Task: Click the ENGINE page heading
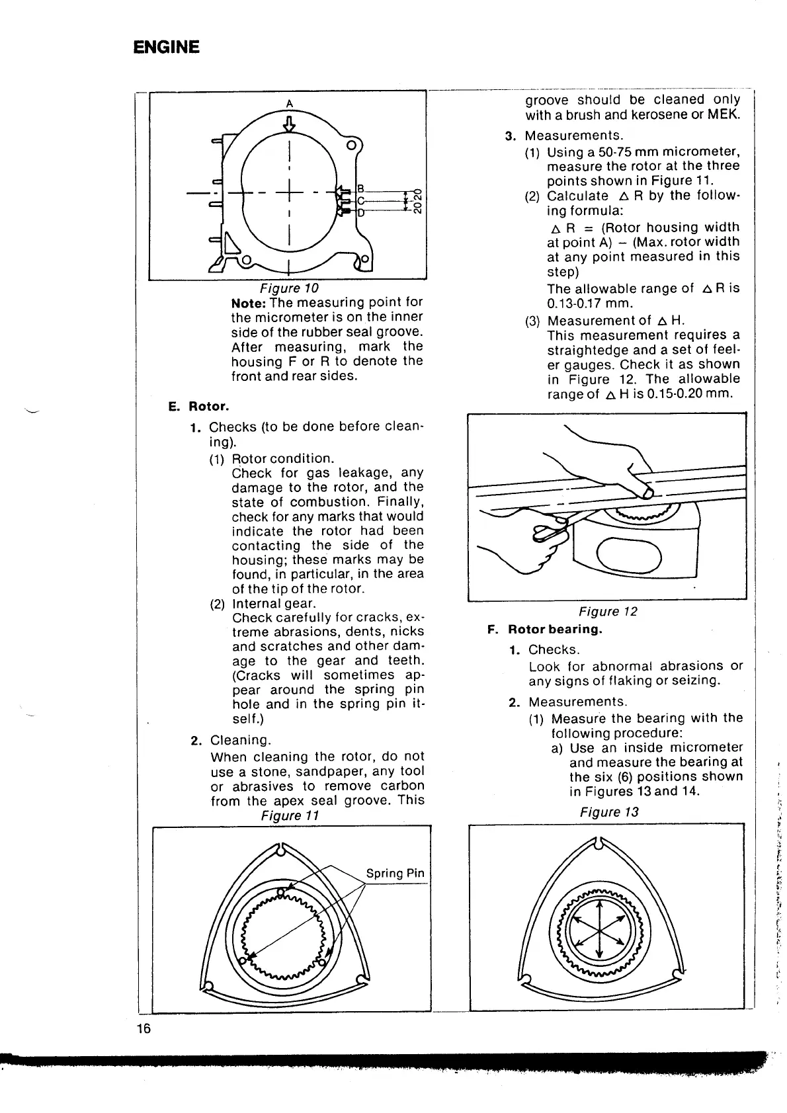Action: point(166,47)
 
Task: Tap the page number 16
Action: point(144,1029)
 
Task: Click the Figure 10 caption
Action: point(289,288)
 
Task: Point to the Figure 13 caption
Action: point(609,812)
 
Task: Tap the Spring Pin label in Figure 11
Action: point(395,873)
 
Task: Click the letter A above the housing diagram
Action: point(289,103)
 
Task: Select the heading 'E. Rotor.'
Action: point(198,406)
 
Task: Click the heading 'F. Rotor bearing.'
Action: point(545,629)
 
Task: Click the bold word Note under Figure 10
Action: point(249,303)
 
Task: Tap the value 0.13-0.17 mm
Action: point(590,304)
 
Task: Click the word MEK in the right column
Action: point(724,115)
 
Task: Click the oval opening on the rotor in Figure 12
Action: point(629,553)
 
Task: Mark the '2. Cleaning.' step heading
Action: point(231,740)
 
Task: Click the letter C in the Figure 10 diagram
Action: point(361,201)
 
